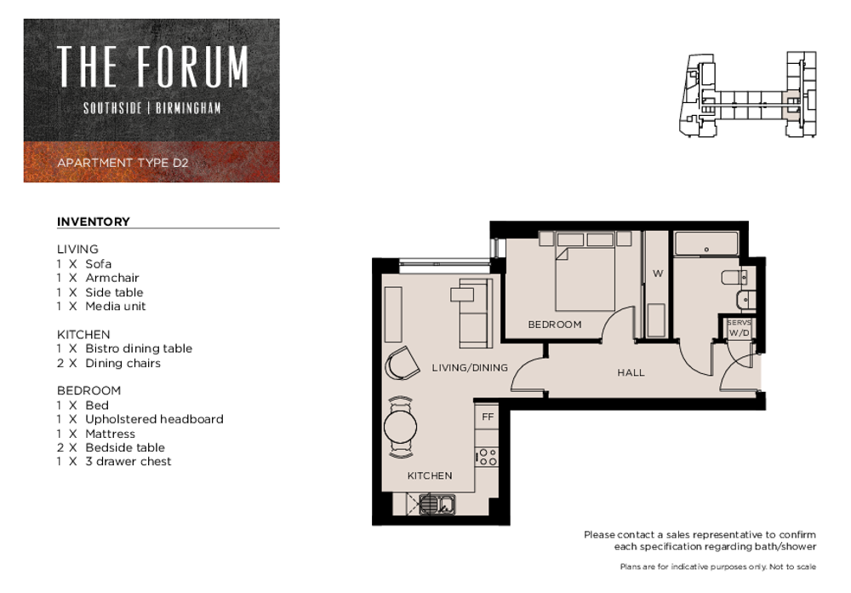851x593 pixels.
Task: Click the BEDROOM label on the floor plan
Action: tap(555, 325)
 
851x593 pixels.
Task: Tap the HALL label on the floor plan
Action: tap(631, 373)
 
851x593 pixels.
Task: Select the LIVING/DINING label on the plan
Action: tap(470, 368)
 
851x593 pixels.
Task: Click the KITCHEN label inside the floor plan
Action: tap(429, 475)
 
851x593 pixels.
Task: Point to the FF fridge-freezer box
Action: tap(488, 417)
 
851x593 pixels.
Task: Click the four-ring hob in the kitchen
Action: tap(487, 458)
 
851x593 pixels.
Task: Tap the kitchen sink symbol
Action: tap(437, 504)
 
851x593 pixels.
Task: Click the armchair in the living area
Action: tap(402, 363)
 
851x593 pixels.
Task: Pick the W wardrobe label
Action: tap(658, 273)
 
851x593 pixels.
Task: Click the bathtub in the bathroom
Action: tap(706, 244)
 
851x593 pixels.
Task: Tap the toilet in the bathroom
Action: tap(739, 277)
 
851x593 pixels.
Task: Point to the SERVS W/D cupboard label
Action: tap(739, 328)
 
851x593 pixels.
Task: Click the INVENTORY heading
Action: tap(94, 222)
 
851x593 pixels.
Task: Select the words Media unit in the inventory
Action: tap(116, 307)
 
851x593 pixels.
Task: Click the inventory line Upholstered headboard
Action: tap(154, 419)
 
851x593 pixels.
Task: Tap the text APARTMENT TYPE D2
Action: tap(123, 163)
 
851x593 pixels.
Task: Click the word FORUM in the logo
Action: tap(192, 66)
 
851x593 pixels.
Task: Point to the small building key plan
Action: tap(747, 94)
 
